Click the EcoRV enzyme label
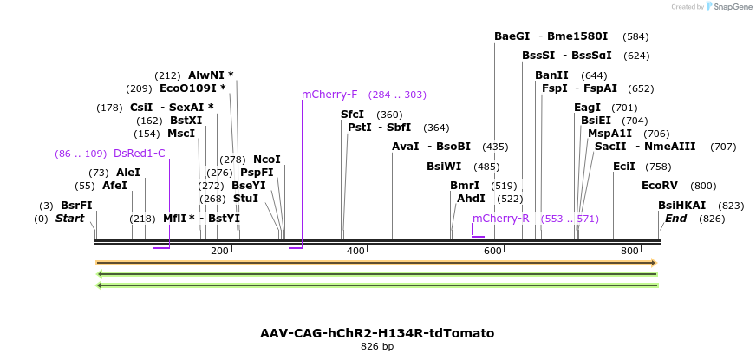tap(659, 186)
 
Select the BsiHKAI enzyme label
tap(681, 206)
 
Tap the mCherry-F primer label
tap(329, 95)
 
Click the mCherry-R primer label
tap(500, 219)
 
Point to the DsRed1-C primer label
tap(139, 154)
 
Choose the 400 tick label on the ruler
tap(355, 251)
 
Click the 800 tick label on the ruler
tap(629, 251)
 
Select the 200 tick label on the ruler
tap(219, 251)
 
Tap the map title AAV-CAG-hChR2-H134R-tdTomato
tap(377, 333)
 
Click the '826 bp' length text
tap(377, 347)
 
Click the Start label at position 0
tap(69, 219)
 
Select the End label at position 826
tap(675, 219)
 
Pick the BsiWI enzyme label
tap(444, 167)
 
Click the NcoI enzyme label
tap(266, 160)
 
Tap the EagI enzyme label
tap(587, 108)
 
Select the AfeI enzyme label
tap(114, 186)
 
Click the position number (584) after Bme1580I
tap(635, 37)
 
